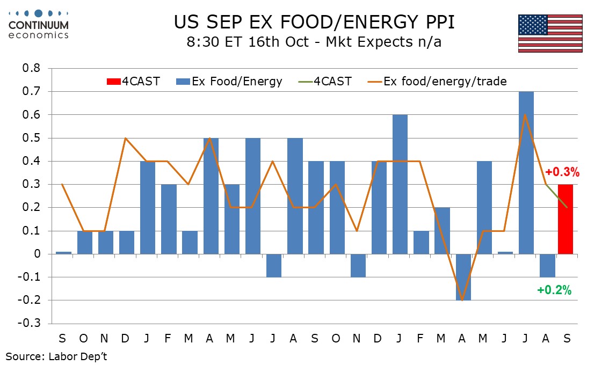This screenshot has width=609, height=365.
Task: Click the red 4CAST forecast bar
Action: click(565, 219)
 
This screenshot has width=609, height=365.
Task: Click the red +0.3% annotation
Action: click(562, 172)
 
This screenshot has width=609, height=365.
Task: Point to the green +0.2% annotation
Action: click(554, 290)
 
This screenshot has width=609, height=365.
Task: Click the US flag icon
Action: click(550, 33)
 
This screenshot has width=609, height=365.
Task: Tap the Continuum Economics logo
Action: click(38, 24)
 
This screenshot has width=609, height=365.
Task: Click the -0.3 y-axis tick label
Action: click(31, 324)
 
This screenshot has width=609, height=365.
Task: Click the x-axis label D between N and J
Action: click(126, 339)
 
